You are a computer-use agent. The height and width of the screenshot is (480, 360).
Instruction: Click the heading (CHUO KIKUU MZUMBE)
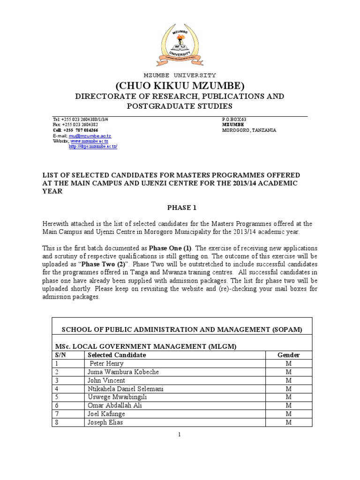(180, 86)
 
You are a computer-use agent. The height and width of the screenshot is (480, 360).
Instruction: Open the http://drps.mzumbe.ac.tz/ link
(93, 146)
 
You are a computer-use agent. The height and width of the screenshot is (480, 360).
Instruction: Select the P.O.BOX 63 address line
(234, 120)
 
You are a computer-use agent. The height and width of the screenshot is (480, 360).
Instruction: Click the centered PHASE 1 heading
(180, 208)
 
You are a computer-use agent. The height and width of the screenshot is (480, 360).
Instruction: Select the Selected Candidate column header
(117, 355)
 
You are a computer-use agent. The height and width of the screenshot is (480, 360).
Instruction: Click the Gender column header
(289, 355)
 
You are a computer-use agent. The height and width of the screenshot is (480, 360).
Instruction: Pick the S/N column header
(60, 355)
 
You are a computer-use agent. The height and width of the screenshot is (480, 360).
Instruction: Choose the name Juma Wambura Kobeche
(117, 372)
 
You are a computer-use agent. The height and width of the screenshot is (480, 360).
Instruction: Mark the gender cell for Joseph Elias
(289, 422)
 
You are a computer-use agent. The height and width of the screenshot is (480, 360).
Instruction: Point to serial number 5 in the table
(57, 397)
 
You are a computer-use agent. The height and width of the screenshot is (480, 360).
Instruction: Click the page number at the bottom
(180, 435)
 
